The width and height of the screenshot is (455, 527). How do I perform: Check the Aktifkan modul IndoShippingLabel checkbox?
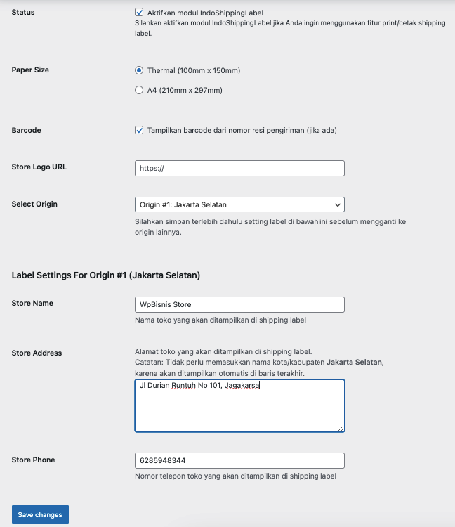click(x=139, y=13)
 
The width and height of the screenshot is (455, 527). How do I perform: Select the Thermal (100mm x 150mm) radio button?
click(x=139, y=70)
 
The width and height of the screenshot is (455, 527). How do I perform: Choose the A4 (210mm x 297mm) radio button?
click(x=139, y=90)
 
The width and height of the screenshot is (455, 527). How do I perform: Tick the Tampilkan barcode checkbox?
click(x=139, y=130)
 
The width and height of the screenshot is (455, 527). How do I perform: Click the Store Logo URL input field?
click(x=239, y=168)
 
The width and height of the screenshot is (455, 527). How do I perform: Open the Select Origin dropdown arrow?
click(x=338, y=204)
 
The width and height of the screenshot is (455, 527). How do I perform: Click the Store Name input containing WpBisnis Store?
click(x=239, y=304)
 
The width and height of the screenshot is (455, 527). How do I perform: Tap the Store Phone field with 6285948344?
click(x=239, y=460)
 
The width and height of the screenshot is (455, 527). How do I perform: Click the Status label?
click(x=23, y=13)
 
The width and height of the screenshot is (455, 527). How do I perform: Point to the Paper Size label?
click(x=30, y=70)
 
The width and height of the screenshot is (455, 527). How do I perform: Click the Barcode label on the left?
click(x=27, y=130)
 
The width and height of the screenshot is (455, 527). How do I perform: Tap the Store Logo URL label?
click(x=39, y=167)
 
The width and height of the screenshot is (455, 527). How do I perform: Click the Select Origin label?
click(x=34, y=204)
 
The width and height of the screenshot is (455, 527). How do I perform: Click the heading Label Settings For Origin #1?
click(x=106, y=275)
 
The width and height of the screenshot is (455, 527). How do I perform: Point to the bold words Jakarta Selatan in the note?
click(x=354, y=362)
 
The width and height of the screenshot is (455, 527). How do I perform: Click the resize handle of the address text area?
click(x=341, y=428)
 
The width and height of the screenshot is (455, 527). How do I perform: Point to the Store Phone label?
click(x=33, y=460)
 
